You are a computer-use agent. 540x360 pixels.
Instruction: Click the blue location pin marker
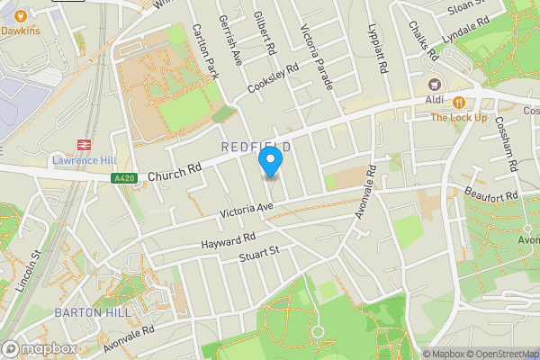coord(270,162)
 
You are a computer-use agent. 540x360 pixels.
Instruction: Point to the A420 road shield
coord(125,179)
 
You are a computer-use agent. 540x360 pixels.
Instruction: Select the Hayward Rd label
coord(229,240)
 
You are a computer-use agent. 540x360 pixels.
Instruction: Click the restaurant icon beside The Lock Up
coord(458,103)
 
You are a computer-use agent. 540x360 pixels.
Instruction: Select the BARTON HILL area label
coord(92,312)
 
